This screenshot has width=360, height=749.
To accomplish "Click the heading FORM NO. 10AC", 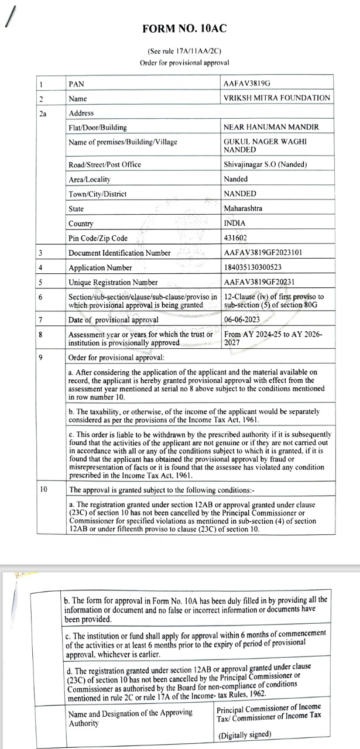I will pos(184,29).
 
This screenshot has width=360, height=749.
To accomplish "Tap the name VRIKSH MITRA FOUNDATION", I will pos(277,98).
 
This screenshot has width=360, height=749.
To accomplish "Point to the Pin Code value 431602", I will pos(235,238).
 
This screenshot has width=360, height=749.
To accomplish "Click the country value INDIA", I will pos(235,223).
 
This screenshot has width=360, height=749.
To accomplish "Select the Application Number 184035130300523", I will pos(261,267).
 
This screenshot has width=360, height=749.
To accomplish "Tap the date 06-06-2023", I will pos(243,319).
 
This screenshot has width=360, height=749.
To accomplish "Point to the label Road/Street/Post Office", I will pos(105,164).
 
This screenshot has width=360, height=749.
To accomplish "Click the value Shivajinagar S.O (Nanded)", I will pos(265,164).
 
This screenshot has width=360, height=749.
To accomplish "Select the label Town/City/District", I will pos(98,194).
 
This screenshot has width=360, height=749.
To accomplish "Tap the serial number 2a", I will pos(42,114).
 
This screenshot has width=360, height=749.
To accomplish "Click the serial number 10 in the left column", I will pos(43,489).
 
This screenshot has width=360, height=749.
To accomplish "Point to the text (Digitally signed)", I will pos(245,735).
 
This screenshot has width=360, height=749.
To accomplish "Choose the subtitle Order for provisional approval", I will pos(184,63).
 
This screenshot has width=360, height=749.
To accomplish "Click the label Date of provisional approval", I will pos(114,320).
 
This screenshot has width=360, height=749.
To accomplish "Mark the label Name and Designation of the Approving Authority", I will pos(130,718).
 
